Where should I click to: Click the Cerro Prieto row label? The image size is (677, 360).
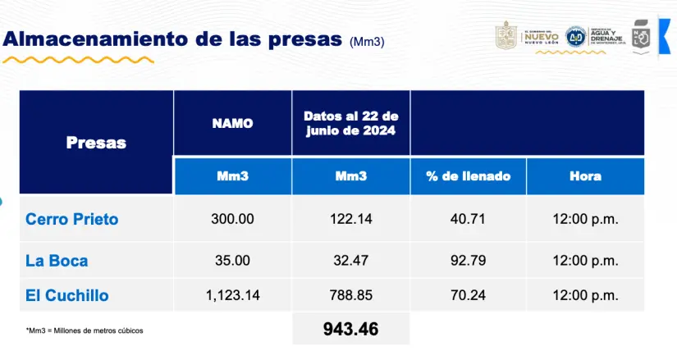(72, 220)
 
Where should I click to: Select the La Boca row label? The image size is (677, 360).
(57, 262)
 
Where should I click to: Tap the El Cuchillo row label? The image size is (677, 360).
(67, 295)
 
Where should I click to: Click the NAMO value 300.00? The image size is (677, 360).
(232, 220)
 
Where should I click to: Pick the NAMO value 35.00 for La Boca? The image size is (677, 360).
(232, 262)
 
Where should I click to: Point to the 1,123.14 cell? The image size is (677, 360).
(232, 295)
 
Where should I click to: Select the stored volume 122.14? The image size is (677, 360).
(350, 220)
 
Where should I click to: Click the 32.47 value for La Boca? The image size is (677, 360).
(350, 262)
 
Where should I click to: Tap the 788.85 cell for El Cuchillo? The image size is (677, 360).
(350, 295)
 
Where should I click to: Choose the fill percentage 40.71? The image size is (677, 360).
(468, 220)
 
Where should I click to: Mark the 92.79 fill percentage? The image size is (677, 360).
(468, 262)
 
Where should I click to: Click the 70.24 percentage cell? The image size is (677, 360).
(468, 295)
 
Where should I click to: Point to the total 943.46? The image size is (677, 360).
(350, 330)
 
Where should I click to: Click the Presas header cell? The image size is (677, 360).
(96, 143)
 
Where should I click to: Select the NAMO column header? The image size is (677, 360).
(232, 124)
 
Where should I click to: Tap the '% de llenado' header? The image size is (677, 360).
(468, 176)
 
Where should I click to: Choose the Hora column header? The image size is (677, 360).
(585, 176)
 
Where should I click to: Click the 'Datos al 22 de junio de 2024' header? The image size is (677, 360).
(350, 124)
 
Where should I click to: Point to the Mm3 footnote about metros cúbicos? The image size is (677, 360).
(84, 330)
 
